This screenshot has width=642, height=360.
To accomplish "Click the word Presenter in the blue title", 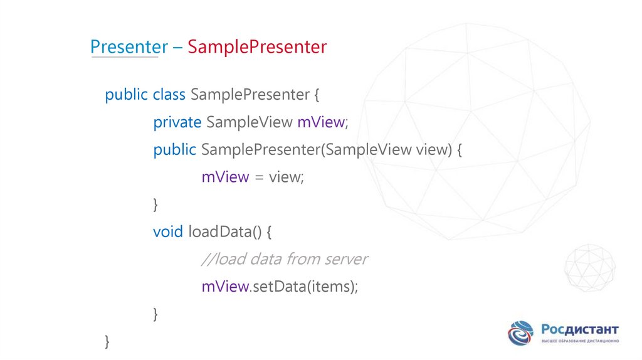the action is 129,47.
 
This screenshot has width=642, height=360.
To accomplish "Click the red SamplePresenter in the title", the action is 257,47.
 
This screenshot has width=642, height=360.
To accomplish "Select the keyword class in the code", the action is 169,95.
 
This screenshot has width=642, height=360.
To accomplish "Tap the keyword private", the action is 177,122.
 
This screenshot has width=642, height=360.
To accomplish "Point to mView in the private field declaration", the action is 320,122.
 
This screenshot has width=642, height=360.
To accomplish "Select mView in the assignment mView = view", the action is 225,177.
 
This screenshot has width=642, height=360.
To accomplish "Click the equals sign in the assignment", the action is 259,178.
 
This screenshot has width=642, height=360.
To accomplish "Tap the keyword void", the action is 167,232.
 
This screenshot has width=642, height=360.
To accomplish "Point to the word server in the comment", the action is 345,259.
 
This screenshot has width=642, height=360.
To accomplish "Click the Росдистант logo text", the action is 580,330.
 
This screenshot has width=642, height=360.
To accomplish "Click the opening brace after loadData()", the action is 268,233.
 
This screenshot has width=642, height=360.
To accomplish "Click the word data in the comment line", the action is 265,259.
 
